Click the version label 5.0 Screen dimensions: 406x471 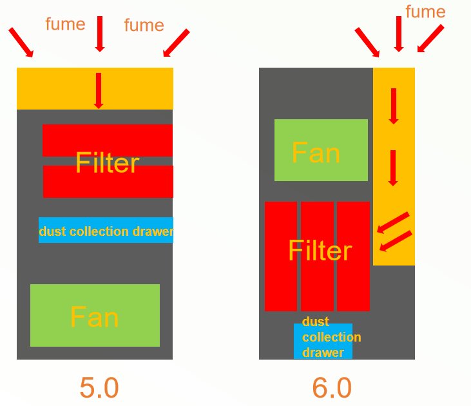pos(99,388)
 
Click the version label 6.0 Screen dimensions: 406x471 pos(332,388)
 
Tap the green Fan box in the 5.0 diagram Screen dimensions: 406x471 pos(95,316)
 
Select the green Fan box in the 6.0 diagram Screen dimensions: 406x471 pos(321,150)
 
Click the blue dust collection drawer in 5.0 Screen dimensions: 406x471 pos(106,230)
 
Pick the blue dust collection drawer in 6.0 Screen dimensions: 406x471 pos(323,341)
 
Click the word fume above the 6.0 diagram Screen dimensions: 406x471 pos(425,12)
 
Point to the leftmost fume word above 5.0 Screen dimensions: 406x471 pos(65,24)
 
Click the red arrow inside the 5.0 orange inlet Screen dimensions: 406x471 pos(99,90)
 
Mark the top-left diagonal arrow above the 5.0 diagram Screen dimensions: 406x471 pos(21,42)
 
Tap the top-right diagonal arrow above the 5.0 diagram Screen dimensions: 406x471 pos(177,42)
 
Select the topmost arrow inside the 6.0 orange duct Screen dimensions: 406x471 pos(393,106)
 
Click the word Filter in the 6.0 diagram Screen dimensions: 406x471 pos(320,251)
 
